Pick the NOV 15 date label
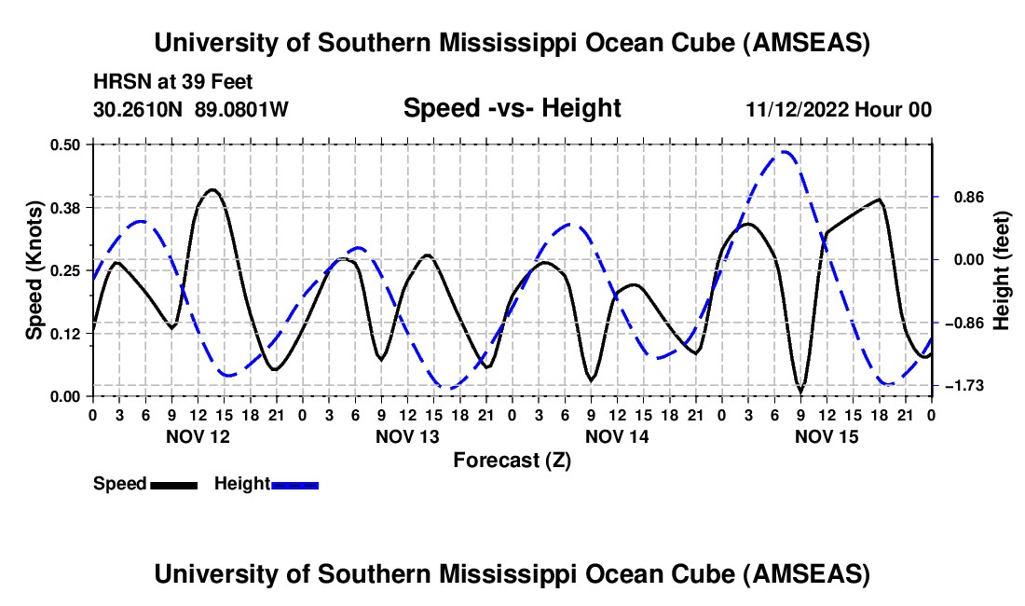coord(827,436)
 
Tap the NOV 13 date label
coord(407,436)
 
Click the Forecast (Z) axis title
coord(512,460)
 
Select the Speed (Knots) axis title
coord(34,270)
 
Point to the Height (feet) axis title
coord(1002,270)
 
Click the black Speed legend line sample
coord(173,484)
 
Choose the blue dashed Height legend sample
coord(295,484)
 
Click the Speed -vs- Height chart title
coord(512,108)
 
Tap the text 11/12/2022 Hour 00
coord(839,110)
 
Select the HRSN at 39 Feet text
coord(172,82)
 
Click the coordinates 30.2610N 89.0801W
coord(191,110)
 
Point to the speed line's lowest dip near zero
coord(800,390)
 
